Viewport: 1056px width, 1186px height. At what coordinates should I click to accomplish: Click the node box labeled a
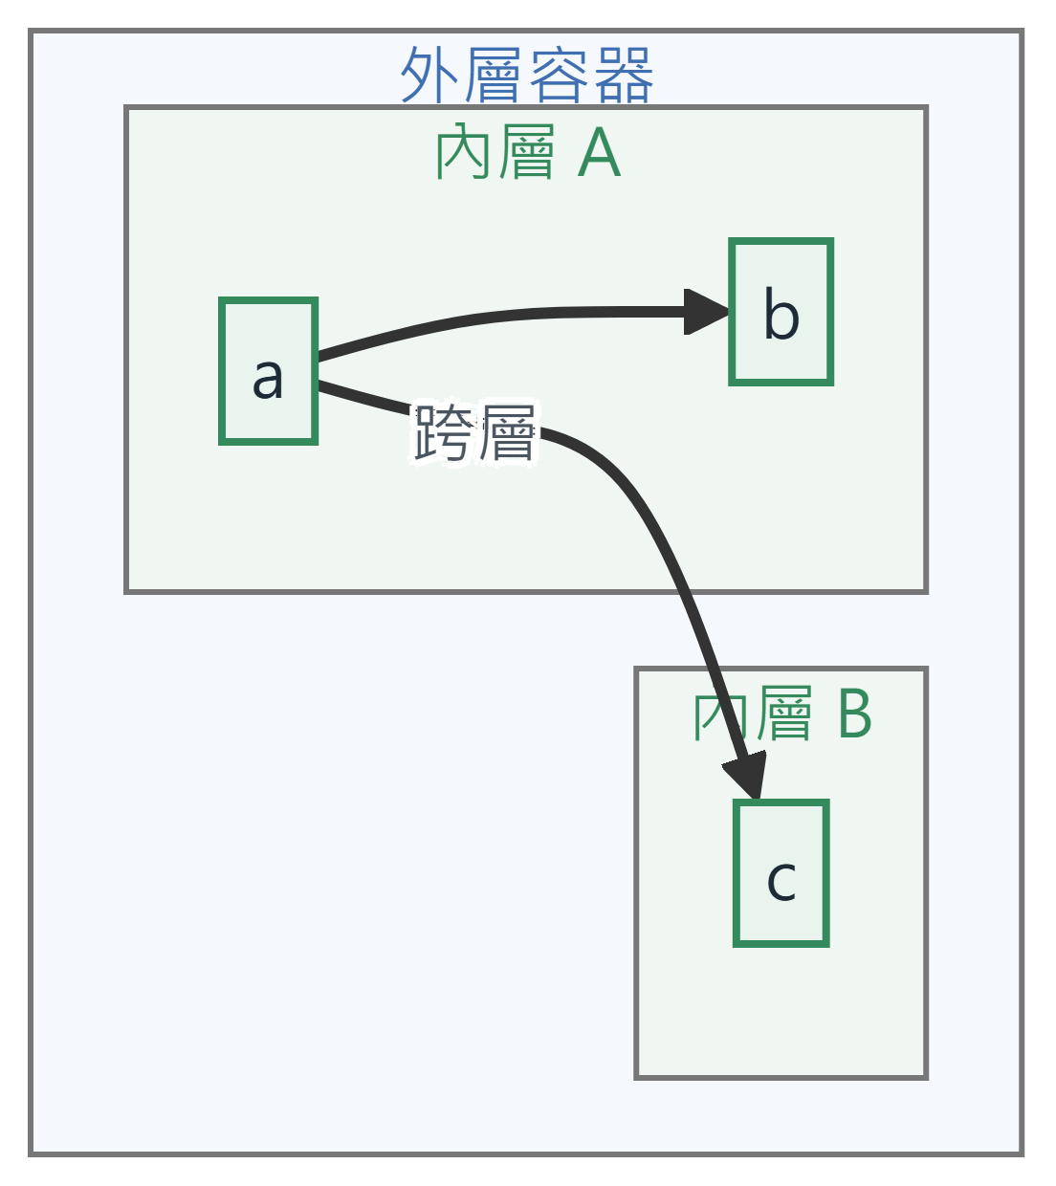268,371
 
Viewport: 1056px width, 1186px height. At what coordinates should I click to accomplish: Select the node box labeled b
781,312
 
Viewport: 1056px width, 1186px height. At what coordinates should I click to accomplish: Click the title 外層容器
527,75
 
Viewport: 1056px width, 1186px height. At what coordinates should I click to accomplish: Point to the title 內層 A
528,152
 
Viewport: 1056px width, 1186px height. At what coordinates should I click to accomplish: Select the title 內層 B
782,714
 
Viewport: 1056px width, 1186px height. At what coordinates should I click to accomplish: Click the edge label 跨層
474,434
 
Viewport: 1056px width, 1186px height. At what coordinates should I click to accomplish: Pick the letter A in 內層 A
600,153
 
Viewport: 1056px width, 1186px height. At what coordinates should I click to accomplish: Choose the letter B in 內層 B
854,714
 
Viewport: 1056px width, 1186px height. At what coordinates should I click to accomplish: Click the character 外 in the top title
429,75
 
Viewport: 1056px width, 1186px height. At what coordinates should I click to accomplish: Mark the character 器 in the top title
624,75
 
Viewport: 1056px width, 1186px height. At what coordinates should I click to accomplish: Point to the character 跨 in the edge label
443,434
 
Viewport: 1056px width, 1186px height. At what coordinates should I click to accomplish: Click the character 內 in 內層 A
464,152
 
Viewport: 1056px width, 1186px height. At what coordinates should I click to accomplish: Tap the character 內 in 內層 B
721,714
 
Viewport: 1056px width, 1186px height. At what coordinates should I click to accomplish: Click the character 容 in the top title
559,75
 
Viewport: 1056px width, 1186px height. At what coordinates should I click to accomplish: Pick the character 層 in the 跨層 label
507,434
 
